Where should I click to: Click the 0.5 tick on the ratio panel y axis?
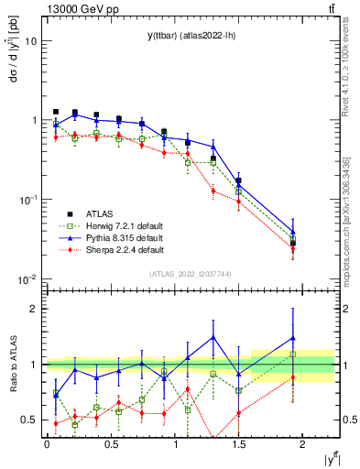tap(29, 420)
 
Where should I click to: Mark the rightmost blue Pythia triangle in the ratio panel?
tap(293, 337)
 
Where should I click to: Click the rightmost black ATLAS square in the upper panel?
tap(293, 244)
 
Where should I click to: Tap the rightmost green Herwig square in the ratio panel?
tap(293, 354)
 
